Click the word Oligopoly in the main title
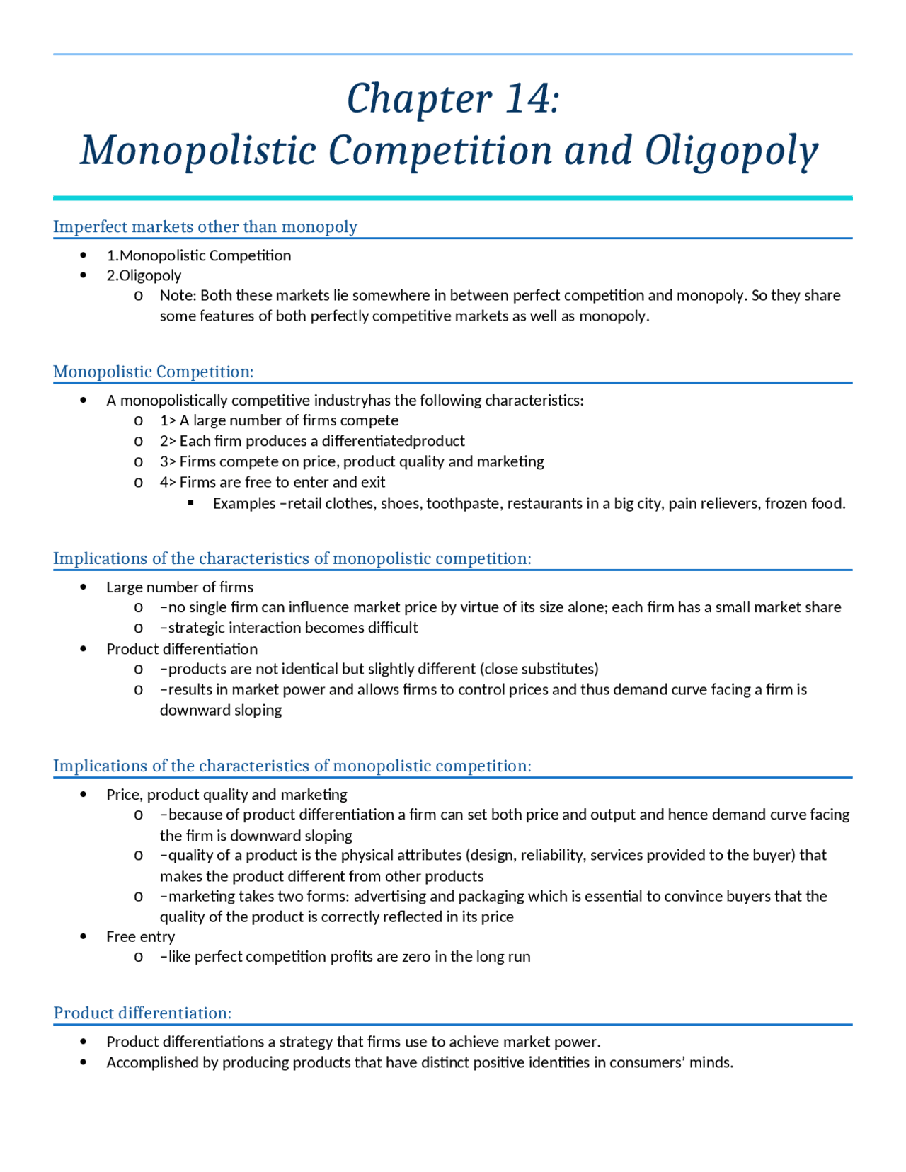[x=730, y=151]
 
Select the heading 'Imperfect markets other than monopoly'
[x=205, y=226]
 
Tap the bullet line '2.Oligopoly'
[x=144, y=275]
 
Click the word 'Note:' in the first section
[x=178, y=295]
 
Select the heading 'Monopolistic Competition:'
[x=153, y=372]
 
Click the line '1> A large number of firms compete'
[x=279, y=420]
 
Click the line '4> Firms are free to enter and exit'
[x=273, y=482]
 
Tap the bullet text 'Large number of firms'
[x=180, y=587]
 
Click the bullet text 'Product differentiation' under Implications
[x=182, y=648]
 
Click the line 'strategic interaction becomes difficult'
[x=289, y=628]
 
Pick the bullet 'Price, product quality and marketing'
[x=226, y=794]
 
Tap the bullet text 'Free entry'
[x=140, y=936]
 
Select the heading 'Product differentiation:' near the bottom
[x=142, y=1013]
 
